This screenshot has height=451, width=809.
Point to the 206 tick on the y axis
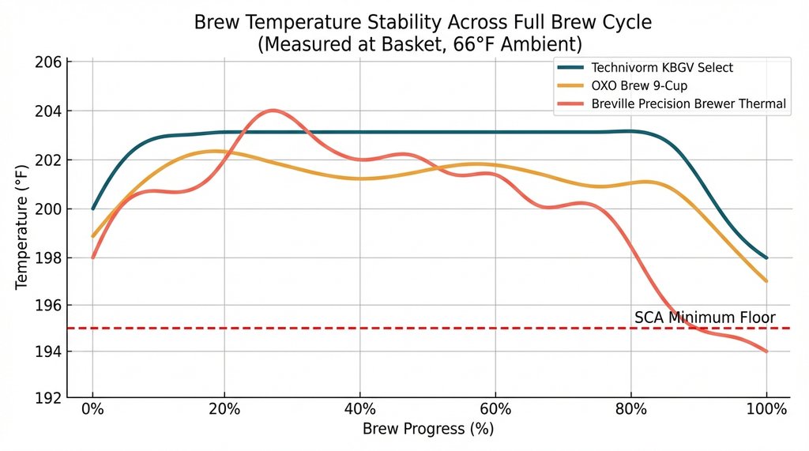tap(49, 62)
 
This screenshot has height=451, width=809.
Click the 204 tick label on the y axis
tap(49, 111)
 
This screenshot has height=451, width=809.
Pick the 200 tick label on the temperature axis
tap(49, 209)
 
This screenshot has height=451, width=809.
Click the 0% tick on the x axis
tap(93, 410)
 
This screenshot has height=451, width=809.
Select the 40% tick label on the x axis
tap(360, 410)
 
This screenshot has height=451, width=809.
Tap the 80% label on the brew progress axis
tap(631, 410)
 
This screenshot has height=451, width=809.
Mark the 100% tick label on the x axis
tap(766, 410)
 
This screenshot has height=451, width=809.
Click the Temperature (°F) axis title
tap(21, 229)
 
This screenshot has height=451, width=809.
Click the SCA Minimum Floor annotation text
tap(710, 318)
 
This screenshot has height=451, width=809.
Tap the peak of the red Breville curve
tap(273, 110)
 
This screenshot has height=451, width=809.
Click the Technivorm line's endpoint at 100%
tap(766, 257)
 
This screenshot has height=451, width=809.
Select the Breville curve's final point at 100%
tap(766, 351)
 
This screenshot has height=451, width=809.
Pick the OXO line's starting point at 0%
tap(93, 236)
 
